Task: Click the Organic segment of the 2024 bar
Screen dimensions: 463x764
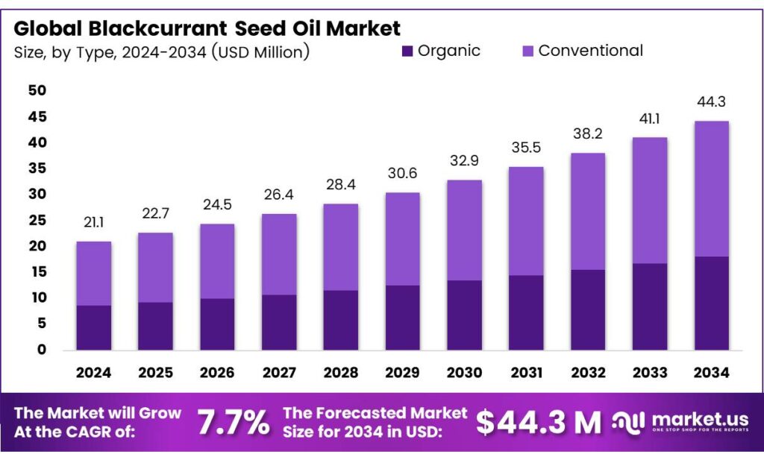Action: tap(94, 327)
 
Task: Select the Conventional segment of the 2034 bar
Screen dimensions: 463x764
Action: tap(711, 189)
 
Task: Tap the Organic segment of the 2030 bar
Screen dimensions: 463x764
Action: tap(464, 315)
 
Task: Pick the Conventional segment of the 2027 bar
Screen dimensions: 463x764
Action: tap(279, 254)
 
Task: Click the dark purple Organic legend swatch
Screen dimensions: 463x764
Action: tap(407, 51)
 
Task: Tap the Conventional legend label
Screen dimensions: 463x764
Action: tap(590, 51)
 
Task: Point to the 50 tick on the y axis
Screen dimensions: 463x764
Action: tap(37, 91)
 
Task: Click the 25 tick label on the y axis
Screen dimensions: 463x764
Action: tap(37, 221)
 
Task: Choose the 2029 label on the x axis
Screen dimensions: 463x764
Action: tap(402, 372)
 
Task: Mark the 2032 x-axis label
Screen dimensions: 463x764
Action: tap(588, 372)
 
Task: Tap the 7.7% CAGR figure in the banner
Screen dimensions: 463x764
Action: tap(233, 423)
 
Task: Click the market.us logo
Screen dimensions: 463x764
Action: tap(679, 423)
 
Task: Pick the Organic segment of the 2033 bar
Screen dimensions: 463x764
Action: tap(649, 306)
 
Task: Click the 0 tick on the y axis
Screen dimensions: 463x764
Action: tap(42, 350)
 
